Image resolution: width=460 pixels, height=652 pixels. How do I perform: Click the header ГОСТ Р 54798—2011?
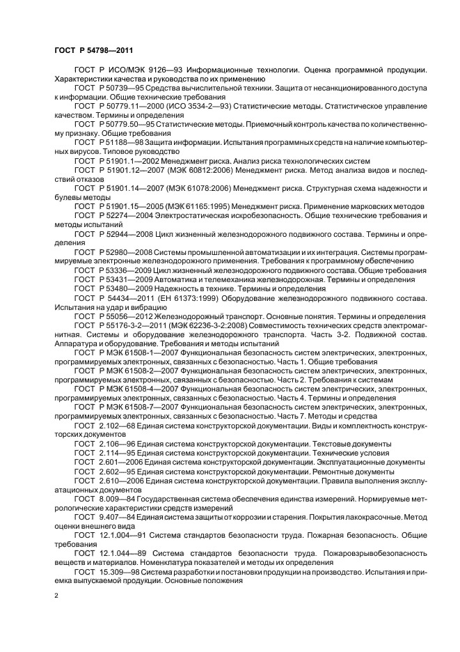tap(93, 50)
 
